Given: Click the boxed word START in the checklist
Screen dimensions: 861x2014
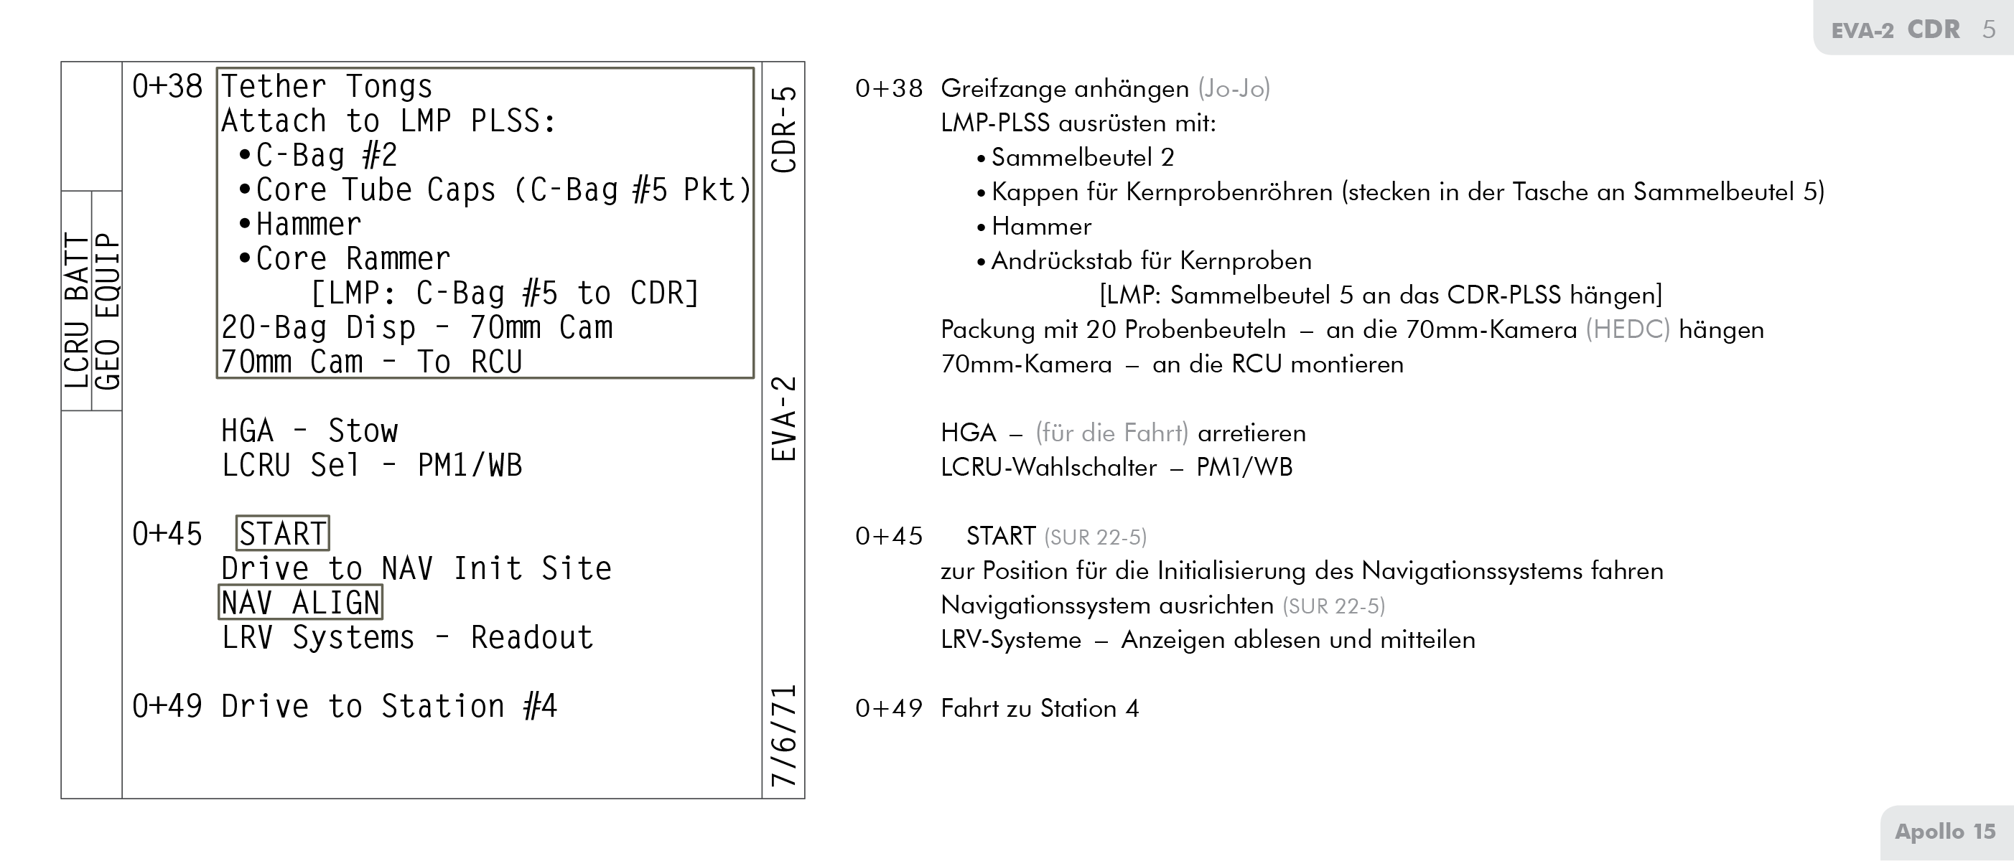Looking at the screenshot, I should coord(282,534).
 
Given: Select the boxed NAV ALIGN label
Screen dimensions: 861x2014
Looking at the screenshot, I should coord(300,603).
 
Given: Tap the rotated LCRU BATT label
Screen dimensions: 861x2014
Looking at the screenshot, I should coord(77,310).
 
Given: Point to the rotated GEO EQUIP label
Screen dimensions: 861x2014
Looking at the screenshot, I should coord(107,310).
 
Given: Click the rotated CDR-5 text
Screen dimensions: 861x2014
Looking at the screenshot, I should coord(783,129).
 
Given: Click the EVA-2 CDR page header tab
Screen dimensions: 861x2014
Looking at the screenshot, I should coord(1911,29).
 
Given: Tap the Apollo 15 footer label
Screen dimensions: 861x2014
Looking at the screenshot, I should coord(1945,832).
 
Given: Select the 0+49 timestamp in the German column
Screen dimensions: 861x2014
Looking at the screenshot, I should coord(889,709).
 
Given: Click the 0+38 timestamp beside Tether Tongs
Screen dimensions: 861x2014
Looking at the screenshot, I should coord(167,86).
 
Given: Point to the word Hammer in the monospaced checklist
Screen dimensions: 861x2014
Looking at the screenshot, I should coord(308,225).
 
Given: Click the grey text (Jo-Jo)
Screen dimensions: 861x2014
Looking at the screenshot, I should coord(1234,88).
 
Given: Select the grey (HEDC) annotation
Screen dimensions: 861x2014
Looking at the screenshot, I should coord(1627,330).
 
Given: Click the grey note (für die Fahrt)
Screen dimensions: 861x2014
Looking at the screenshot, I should coord(1111,433).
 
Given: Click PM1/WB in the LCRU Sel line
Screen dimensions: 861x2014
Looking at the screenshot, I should coord(469,466).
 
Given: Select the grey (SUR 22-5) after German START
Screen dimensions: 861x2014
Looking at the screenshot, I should coord(1094,537).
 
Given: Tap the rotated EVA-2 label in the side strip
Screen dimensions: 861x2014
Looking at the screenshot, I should coord(783,419).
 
